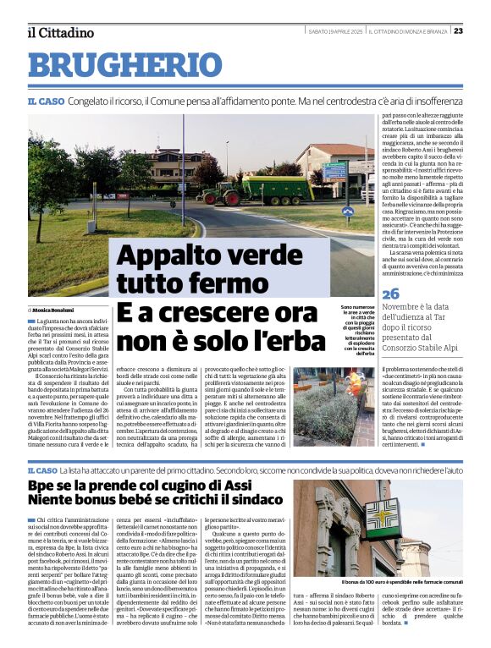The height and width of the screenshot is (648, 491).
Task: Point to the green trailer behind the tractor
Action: (x=280, y=189)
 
